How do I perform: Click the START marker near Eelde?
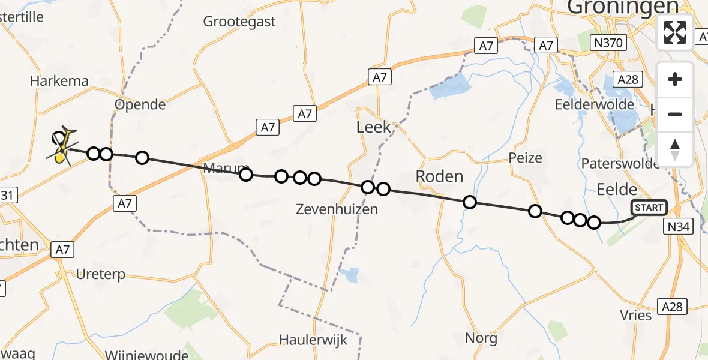pos(649,208)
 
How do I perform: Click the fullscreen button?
pos(675,32)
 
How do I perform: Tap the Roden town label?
pos(440,176)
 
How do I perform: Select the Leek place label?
pos(373,127)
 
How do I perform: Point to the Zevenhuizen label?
pos(337,209)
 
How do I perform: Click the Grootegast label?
pos(239,22)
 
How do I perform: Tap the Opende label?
pos(140,104)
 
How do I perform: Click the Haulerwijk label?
pos(313,340)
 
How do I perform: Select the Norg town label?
pos(481,338)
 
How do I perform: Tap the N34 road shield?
pos(679,226)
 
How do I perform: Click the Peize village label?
pos(525,158)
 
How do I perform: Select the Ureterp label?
pos(101,275)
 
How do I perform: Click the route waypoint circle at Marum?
pos(246,175)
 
